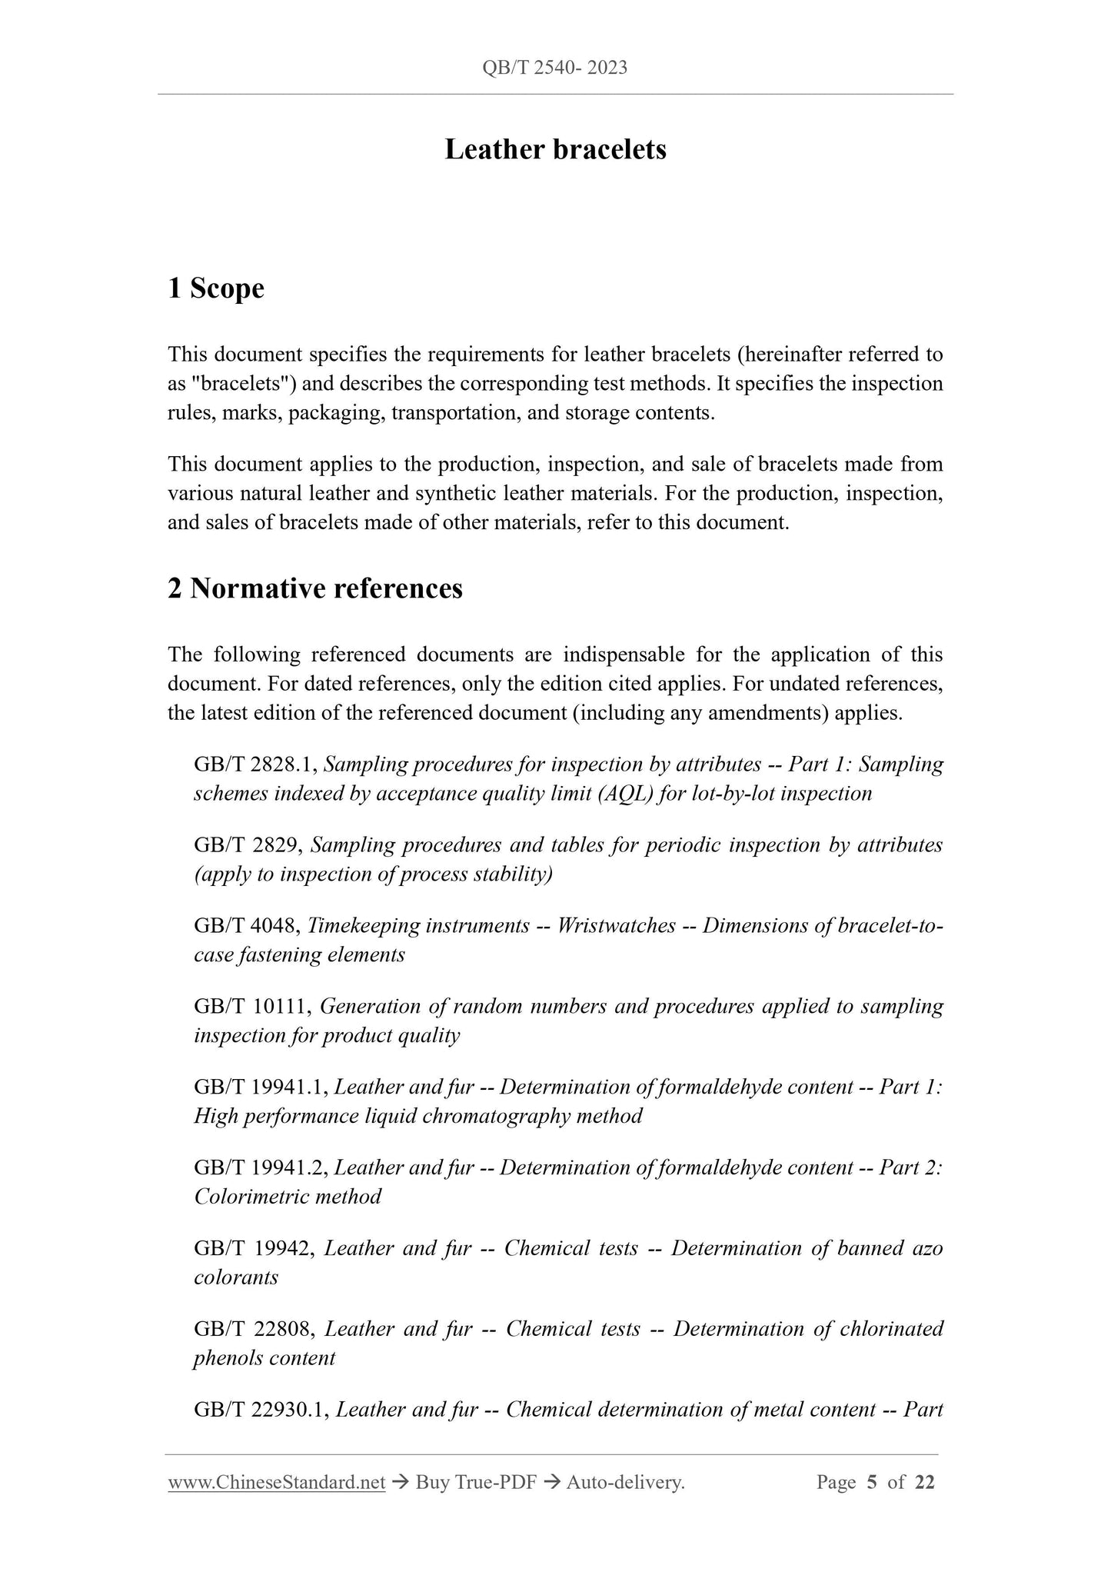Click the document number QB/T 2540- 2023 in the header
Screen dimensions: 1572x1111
click(554, 68)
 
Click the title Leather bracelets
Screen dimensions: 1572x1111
click(555, 149)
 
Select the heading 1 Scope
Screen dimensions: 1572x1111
click(216, 288)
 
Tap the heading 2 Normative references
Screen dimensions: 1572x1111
click(315, 588)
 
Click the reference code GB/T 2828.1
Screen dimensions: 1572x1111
click(254, 764)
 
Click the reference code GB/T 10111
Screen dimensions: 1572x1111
click(251, 1007)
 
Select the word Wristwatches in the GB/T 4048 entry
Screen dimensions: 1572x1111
click(616, 926)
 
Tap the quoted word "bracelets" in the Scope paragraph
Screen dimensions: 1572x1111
click(229, 384)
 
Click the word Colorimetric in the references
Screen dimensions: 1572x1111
click(253, 1197)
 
